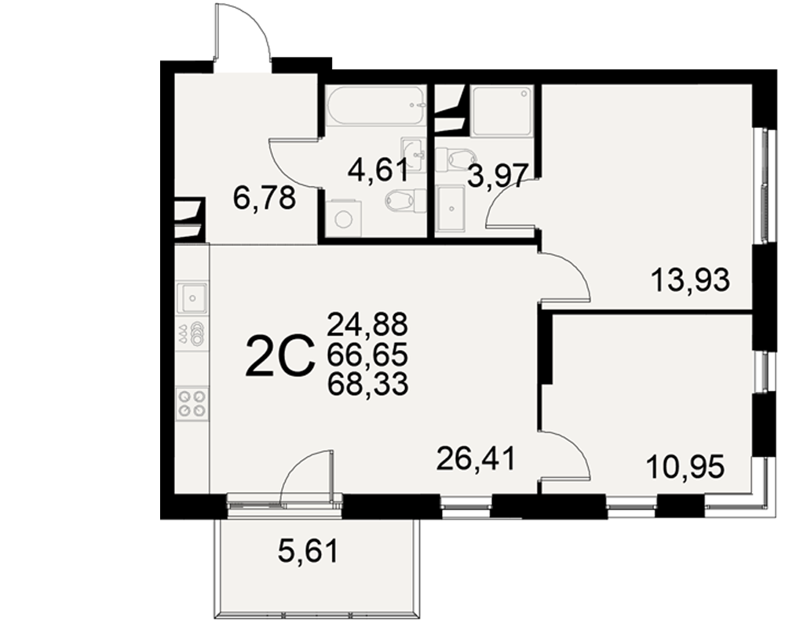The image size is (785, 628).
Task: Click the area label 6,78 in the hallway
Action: pos(265,199)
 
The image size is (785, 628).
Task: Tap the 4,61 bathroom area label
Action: pos(378,171)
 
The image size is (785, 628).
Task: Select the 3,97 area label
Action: pos(498,177)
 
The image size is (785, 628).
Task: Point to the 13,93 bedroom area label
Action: pos(690,280)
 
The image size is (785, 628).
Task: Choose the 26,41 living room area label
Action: pos(476,459)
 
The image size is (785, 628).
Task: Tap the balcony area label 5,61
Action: pos(309,551)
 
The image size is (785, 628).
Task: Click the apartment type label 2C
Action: pos(280,356)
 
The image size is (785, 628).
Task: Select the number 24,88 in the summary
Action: pos(368,324)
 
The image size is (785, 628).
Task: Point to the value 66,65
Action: pos(368,355)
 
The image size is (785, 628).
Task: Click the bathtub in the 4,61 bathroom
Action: pos(375,105)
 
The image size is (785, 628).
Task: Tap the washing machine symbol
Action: pos(344,218)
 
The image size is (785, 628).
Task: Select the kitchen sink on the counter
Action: pos(192,298)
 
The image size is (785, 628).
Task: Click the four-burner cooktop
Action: pos(193,403)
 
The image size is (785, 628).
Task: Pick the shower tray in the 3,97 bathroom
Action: pos(502,111)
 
